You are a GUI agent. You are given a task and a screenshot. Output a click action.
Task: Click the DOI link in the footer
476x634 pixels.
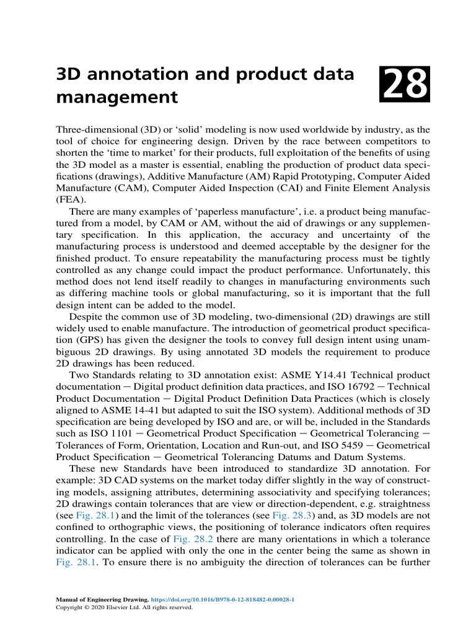pyautogui.click(x=223, y=600)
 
